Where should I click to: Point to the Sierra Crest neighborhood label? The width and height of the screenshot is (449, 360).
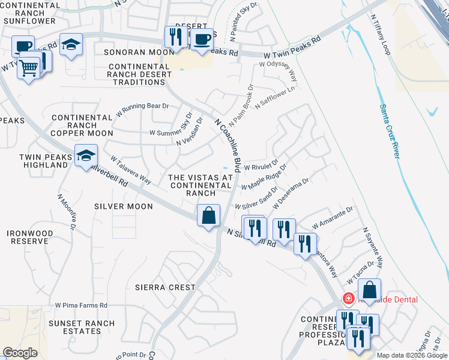165,287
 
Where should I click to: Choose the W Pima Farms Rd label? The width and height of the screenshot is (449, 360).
81,305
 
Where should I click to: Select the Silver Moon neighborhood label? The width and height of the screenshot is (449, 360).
124,206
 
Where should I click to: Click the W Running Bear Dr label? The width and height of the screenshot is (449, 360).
142,109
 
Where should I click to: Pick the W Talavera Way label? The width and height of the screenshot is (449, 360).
130,169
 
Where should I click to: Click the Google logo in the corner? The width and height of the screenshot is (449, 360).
20,353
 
